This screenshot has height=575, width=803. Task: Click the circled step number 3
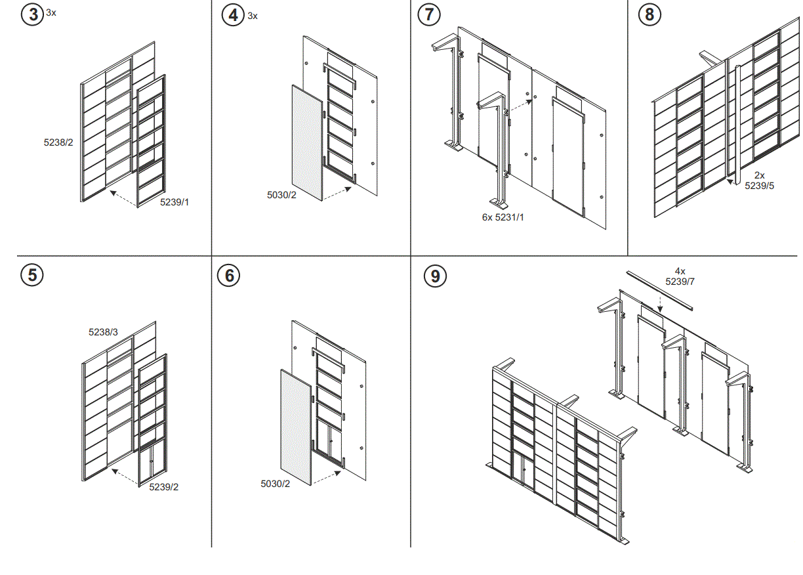33,14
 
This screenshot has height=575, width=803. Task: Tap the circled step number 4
233,14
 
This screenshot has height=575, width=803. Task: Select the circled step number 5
32,274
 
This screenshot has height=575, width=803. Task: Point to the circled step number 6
229,276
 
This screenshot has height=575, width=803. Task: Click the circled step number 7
429,14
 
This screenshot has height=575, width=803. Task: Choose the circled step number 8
649,14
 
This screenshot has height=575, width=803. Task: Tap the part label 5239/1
175,202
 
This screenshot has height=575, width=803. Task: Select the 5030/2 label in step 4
281,195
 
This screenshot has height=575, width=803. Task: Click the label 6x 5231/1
503,216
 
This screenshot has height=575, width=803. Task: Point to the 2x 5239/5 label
759,181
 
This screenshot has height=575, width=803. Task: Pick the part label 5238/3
103,332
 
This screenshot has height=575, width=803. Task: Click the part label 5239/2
164,486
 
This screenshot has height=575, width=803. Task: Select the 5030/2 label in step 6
275,484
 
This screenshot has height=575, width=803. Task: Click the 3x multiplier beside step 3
51,12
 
